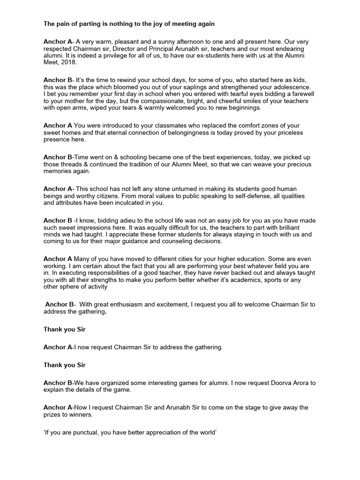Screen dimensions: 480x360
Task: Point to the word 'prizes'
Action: click(x=53, y=415)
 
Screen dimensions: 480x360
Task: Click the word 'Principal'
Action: click(x=155, y=48)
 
